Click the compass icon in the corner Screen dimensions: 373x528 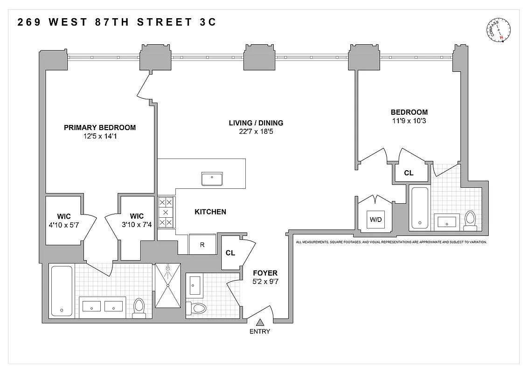pyautogui.click(x=500, y=30)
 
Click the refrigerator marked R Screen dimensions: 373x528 pyautogui.click(x=202, y=244)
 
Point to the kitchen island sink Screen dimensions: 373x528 pyautogui.click(x=212, y=179)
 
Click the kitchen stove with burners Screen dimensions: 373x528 pyautogui.click(x=166, y=212)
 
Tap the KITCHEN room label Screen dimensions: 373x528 pyautogui.click(x=210, y=212)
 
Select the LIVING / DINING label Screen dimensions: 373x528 pyautogui.click(x=256, y=123)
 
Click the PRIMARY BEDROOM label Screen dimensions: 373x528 pyautogui.click(x=100, y=127)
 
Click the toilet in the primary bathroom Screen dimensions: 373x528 pyautogui.click(x=139, y=308)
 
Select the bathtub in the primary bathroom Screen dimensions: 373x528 pyautogui.click(x=61, y=291)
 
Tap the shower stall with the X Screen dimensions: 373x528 pyautogui.click(x=167, y=286)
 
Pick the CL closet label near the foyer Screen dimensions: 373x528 pyautogui.click(x=230, y=253)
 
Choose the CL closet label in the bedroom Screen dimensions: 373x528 pyautogui.click(x=409, y=173)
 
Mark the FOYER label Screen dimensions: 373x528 pyautogui.click(x=265, y=273)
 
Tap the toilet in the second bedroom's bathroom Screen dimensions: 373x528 pyautogui.click(x=470, y=220)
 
